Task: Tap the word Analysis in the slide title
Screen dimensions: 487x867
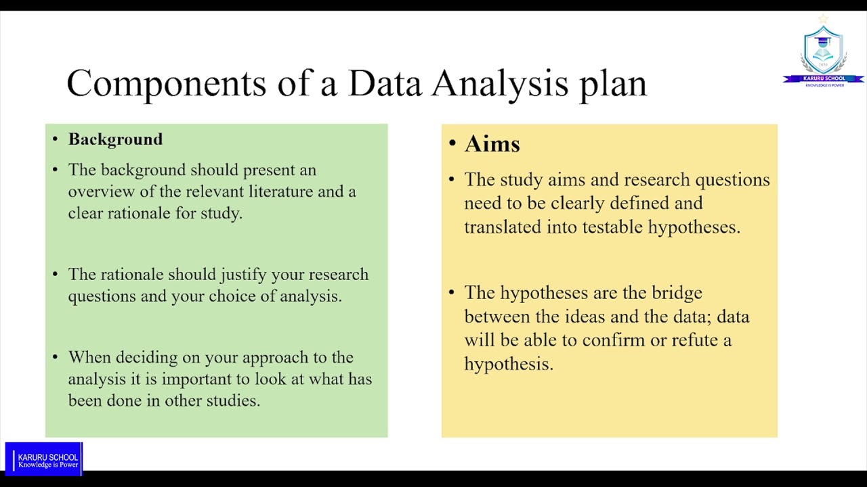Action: (500, 84)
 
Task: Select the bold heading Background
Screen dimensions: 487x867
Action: (115, 139)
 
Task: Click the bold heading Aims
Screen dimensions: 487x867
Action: (492, 144)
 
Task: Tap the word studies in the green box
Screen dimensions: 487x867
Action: (233, 400)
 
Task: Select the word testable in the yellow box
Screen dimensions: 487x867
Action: (612, 227)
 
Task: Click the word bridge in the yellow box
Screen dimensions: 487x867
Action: (677, 293)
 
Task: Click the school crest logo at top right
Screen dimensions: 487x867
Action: (823, 51)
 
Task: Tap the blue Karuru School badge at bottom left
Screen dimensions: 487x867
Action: (44, 459)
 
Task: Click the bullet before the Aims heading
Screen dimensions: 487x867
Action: (452, 144)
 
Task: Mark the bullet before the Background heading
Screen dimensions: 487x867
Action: (56, 139)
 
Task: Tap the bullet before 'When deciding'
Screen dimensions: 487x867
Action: (56, 358)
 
